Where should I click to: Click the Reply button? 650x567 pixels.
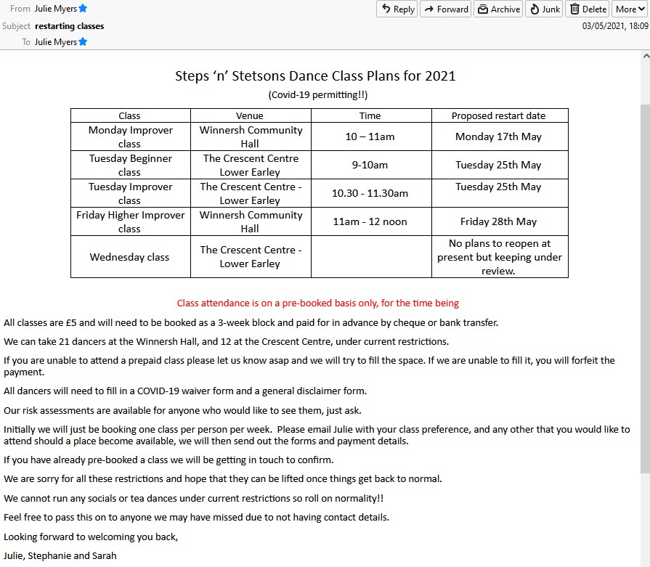pos(397,9)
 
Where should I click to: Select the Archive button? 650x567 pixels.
pos(497,9)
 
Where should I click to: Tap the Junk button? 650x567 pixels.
pos(544,9)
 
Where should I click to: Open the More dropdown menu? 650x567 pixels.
pos(629,9)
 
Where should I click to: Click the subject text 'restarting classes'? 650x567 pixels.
pos(69,26)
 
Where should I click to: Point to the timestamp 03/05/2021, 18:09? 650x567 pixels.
pos(615,26)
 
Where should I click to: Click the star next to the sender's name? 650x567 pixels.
pos(83,9)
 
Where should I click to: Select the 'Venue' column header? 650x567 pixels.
pos(250,115)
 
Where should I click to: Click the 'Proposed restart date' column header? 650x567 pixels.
pos(498,115)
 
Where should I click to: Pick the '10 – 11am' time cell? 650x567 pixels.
pos(370,136)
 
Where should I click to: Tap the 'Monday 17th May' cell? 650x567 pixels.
pos(498,136)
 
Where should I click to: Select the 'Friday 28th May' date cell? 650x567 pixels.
pos(498,221)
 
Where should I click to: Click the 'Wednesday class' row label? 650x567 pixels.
pos(129,257)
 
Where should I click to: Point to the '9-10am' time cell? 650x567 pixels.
pos(370,165)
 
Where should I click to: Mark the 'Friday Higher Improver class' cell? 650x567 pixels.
pos(130,221)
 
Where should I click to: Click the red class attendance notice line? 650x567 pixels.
pos(318,303)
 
